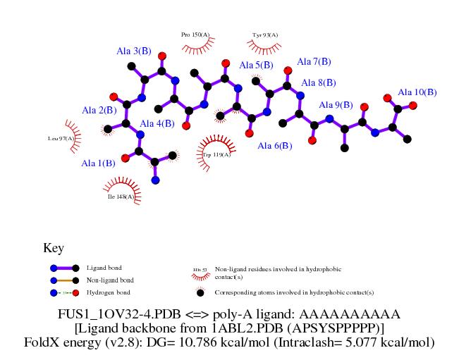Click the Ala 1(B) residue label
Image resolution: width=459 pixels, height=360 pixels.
(98, 163)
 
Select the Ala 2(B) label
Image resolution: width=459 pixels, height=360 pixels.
(99, 110)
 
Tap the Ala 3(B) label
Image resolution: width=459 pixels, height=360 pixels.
(134, 51)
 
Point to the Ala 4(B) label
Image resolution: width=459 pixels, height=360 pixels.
(157, 124)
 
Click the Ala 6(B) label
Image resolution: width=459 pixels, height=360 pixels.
(275, 146)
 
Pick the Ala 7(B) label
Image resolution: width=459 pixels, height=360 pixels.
(314, 61)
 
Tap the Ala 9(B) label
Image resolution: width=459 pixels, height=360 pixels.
(336, 105)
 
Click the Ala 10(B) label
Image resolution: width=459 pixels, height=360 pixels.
(417, 92)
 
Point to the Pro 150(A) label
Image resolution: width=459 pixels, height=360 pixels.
(195, 34)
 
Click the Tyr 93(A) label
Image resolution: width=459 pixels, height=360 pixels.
(265, 35)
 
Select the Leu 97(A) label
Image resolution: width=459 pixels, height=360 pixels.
(61, 139)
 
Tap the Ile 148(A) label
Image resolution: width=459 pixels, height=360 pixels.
(121, 197)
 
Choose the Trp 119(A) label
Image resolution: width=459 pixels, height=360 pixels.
(216, 154)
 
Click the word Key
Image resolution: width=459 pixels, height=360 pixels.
(54, 248)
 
